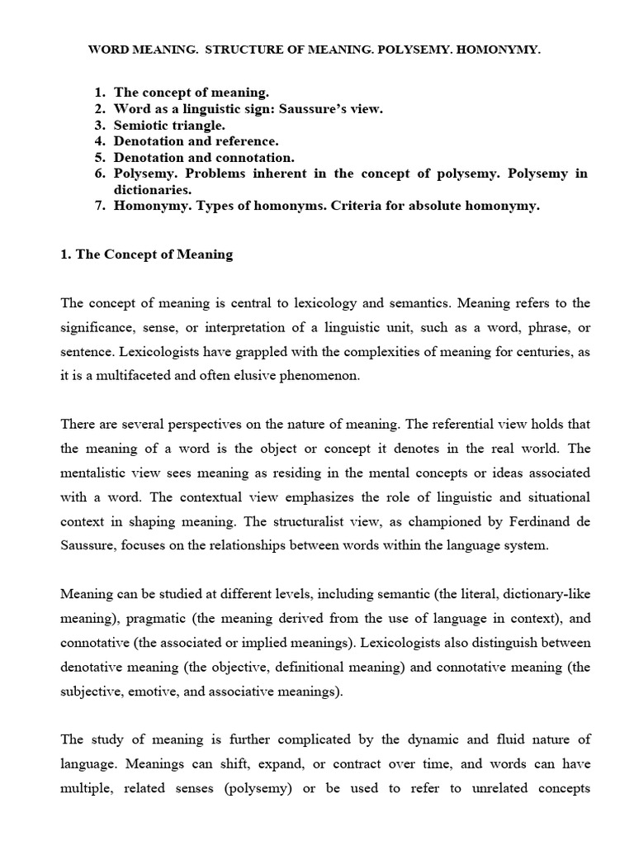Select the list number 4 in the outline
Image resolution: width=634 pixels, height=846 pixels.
point(99,141)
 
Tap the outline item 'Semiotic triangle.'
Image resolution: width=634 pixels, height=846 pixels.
point(169,125)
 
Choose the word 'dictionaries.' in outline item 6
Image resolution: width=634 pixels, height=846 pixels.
point(150,189)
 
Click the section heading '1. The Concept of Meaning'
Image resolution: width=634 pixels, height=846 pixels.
point(147,254)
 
